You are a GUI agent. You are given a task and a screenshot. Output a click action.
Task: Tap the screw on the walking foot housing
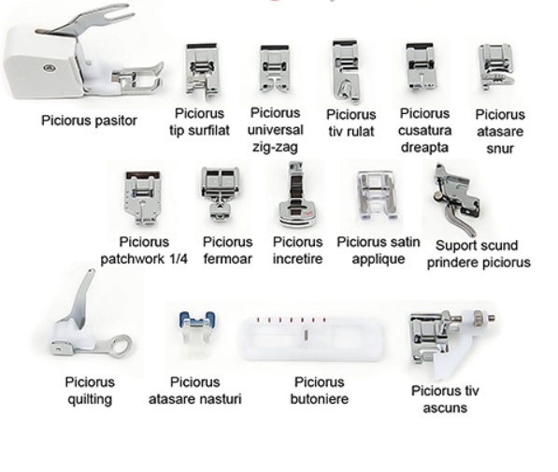pyautogui.click(x=49, y=67)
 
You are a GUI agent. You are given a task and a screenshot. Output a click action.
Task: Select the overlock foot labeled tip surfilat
pyautogui.click(x=201, y=72)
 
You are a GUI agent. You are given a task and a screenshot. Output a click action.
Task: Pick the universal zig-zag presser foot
pyautogui.click(x=275, y=68)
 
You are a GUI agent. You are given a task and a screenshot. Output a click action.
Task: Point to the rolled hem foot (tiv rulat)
pyautogui.click(x=346, y=71)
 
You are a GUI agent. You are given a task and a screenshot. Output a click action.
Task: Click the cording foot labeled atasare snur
pyautogui.click(x=496, y=66)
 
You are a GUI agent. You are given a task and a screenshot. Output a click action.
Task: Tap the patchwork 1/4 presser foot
pyautogui.click(x=142, y=197)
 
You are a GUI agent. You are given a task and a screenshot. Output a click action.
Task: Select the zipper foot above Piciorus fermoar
pyautogui.click(x=220, y=193)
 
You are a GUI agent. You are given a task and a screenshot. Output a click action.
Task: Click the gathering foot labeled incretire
pyautogui.click(x=297, y=195)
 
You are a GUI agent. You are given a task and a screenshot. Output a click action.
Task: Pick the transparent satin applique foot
pyautogui.click(x=377, y=195)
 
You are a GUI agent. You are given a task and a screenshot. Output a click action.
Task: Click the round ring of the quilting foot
pyautogui.click(x=120, y=345)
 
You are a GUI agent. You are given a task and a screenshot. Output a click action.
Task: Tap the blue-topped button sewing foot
pyautogui.click(x=197, y=334)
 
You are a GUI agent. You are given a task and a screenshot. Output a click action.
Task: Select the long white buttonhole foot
pyautogui.click(x=312, y=338)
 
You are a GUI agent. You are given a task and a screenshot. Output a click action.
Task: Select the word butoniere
pyautogui.click(x=320, y=399)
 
